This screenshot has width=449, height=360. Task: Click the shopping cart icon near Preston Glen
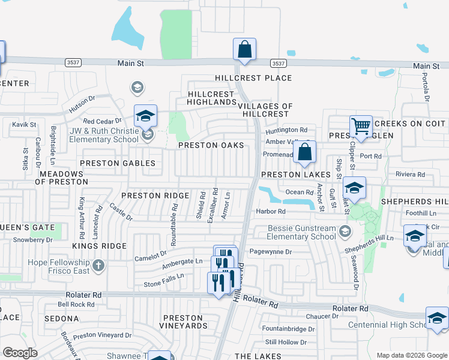pyautogui.click(x=361, y=127)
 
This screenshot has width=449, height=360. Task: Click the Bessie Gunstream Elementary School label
pyautogui.click(x=294, y=232)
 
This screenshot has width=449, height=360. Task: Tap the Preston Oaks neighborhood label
pyautogui.click(x=211, y=145)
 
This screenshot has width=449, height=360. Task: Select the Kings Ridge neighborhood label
pyautogui.click(x=99, y=246)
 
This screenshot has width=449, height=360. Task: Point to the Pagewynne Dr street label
pyautogui.click(x=270, y=252)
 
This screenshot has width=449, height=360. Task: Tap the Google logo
pyautogui.click(x=20, y=353)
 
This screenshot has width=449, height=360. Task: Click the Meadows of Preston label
pyautogui.click(x=63, y=177)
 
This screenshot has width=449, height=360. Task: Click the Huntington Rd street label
pyautogui.click(x=287, y=130)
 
